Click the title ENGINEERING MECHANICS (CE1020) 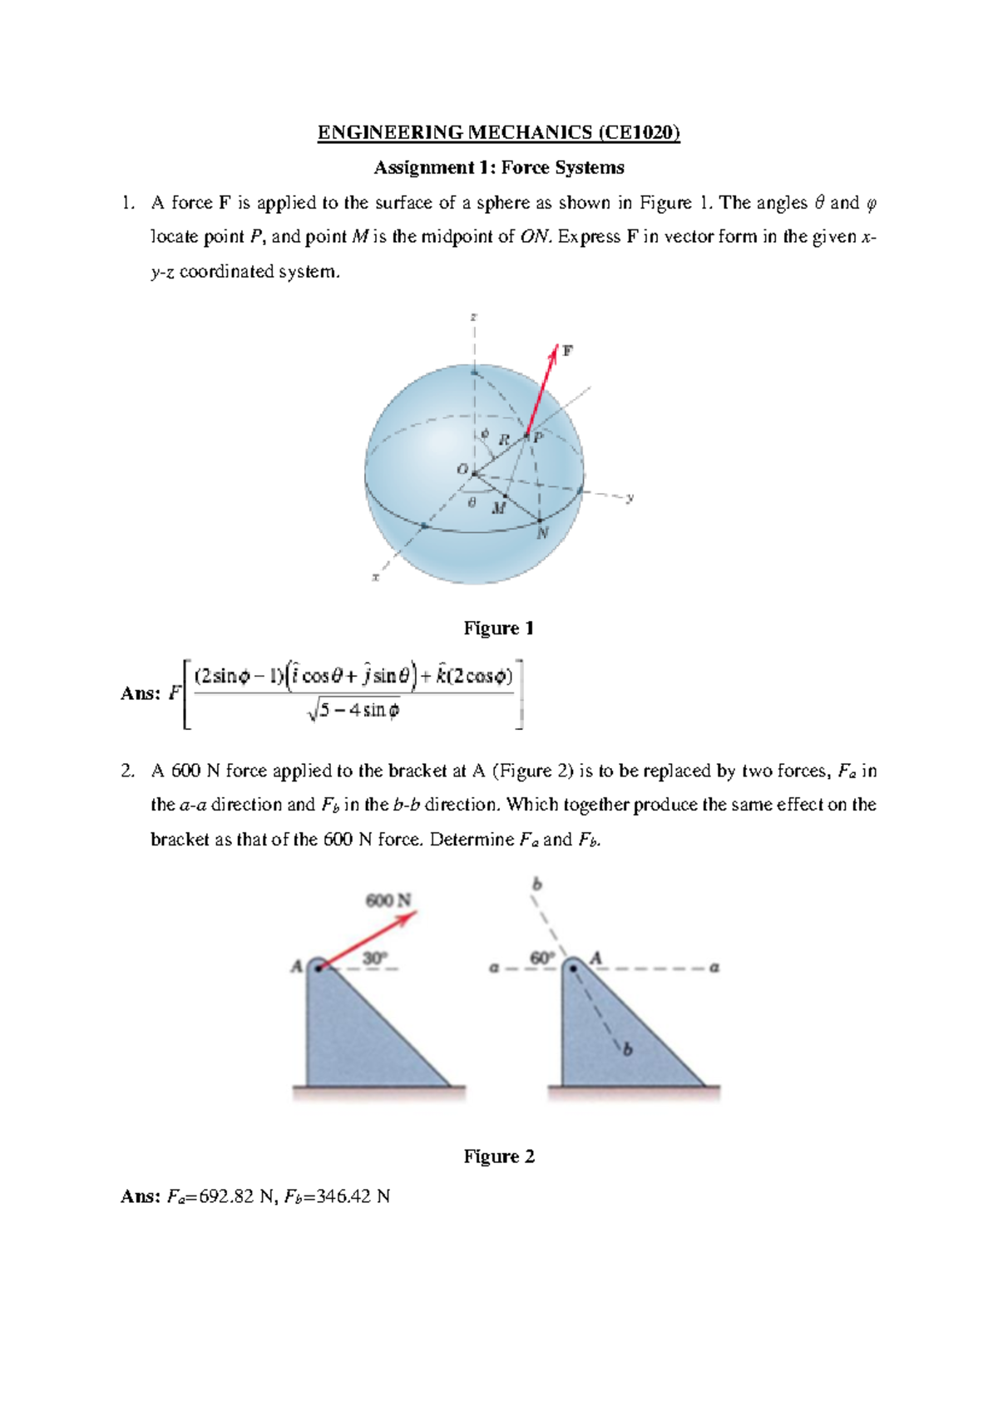click(498, 132)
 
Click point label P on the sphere click(538, 437)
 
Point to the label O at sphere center click(462, 470)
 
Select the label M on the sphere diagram click(498, 508)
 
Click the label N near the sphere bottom click(542, 533)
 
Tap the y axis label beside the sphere click(630, 497)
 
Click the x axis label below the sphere click(375, 576)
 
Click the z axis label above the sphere click(473, 317)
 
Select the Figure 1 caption click(498, 628)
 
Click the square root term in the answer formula click(354, 711)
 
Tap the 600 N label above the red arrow click(388, 900)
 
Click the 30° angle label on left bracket click(374, 959)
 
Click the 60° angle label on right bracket click(541, 958)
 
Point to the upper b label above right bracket click(536, 885)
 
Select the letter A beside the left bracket click(296, 966)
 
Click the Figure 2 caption click(498, 1156)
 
